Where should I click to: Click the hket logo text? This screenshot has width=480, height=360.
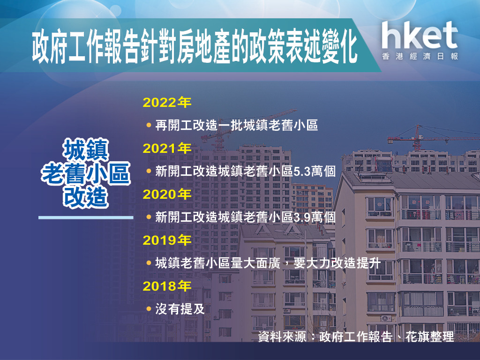(x=420, y=35)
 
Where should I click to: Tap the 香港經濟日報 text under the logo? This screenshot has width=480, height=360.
(x=420, y=56)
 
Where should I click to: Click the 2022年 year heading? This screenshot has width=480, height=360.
(x=167, y=103)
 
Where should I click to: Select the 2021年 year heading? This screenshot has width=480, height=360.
(x=167, y=149)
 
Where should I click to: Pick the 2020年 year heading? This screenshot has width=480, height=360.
(x=167, y=195)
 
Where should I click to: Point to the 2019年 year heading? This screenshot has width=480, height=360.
(x=167, y=240)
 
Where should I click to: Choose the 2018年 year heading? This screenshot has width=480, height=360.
(x=167, y=286)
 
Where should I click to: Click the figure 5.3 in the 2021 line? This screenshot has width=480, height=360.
(x=302, y=172)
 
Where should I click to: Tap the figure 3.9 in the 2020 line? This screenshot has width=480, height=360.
(x=302, y=217)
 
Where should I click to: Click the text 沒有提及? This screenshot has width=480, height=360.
(x=180, y=309)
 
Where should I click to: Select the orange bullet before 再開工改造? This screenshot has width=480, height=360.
(x=149, y=125)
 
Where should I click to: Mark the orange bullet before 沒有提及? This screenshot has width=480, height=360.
(x=149, y=309)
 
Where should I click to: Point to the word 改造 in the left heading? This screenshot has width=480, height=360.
(x=86, y=197)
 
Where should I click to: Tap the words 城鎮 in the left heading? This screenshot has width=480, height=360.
(x=86, y=150)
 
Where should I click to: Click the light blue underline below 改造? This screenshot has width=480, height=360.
(x=86, y=217)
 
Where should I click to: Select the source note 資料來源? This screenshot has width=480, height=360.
(x=282, y=337)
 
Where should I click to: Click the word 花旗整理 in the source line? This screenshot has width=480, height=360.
(x=430, y=337)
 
